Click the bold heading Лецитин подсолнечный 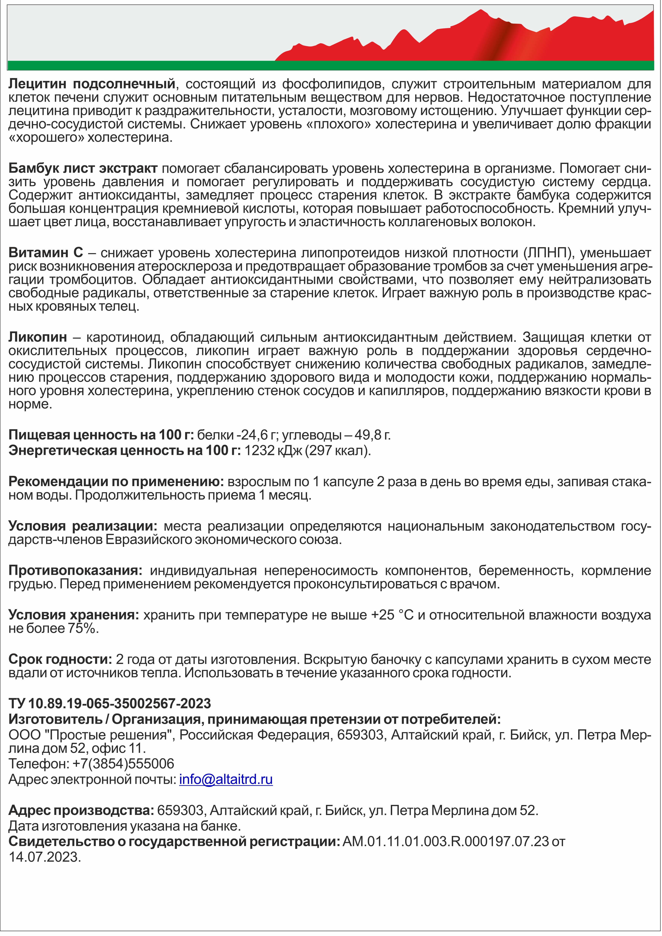tap(92, 84)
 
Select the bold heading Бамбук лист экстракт tap(83, 168)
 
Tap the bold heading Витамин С tap(46, 253)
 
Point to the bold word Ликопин tap(38, 337)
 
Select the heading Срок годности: tap(60, 659)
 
